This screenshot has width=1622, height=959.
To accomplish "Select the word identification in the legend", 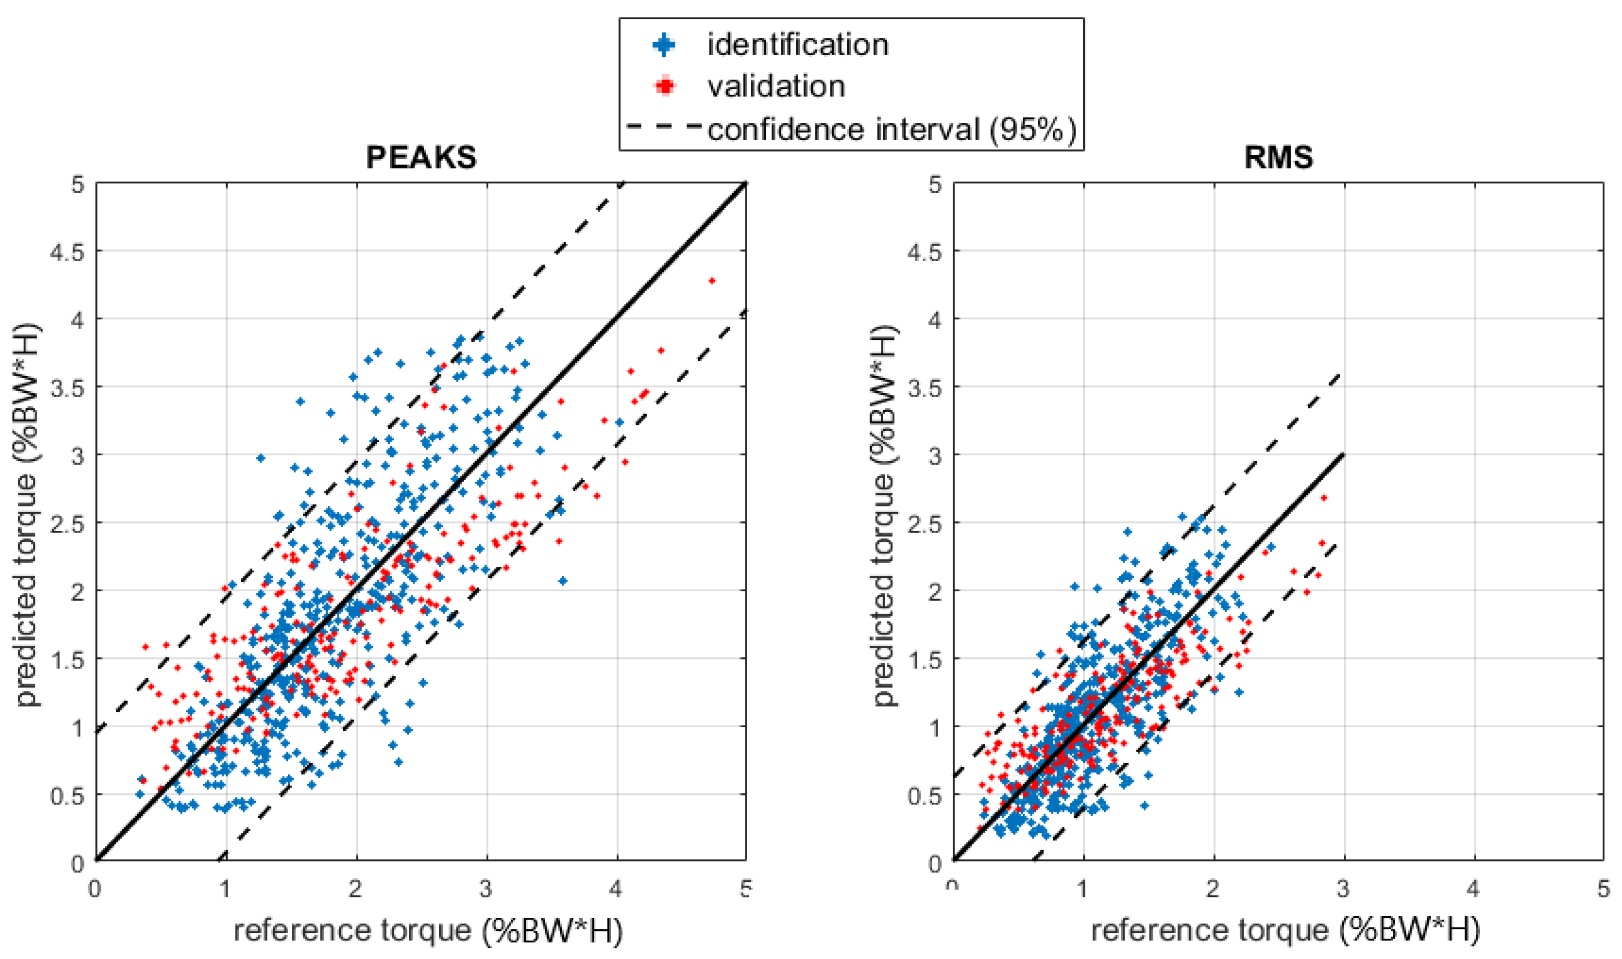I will (797, 45).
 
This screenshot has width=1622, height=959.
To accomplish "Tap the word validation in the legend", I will (776, 86).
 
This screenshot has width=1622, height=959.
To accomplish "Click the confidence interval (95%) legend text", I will (893, 129).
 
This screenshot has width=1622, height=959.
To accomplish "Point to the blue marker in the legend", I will (664, 45).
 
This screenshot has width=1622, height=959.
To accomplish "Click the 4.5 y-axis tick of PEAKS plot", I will (67, 252).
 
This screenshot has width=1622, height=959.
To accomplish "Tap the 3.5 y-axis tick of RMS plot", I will (925, 388).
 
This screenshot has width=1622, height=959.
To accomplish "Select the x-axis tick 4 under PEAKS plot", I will (616, 889).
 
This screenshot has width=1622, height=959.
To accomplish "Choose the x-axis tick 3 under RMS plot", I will (1343, 889).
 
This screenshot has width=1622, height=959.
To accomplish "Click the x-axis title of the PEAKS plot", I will (428, 930).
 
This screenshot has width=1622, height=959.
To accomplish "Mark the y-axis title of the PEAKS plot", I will (26, 515).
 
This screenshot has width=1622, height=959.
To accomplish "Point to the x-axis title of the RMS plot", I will (1285, 930).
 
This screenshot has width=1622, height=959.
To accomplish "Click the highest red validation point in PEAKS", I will (712, 280).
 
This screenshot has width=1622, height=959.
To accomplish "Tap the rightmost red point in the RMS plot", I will (1323, 497).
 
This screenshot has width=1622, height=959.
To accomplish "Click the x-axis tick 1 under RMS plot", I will (1083, 889).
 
